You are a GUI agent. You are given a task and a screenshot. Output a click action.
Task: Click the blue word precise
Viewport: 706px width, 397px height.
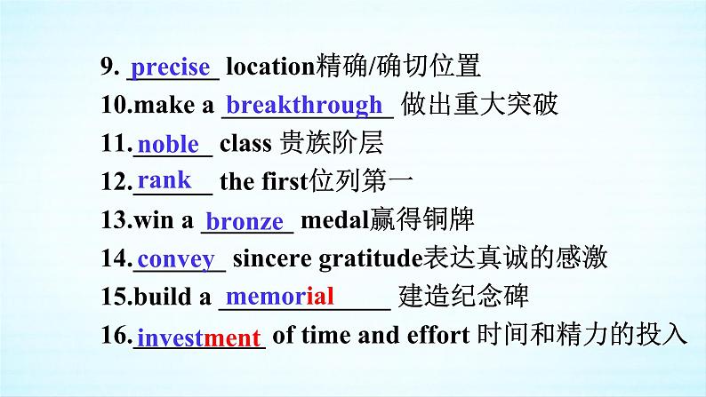(x=170, y=68)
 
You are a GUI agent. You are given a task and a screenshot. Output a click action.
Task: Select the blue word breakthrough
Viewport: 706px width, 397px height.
(x=304, y=105)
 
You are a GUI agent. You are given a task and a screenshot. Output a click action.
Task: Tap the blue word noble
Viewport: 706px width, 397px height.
(x=168, y=144)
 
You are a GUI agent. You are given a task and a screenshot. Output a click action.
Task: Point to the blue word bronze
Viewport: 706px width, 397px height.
(x=245, y=221)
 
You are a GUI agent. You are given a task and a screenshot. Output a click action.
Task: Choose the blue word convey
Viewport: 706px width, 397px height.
(x=176, y=260)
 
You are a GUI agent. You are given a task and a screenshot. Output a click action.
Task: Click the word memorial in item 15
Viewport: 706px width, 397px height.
(x=279, y=297)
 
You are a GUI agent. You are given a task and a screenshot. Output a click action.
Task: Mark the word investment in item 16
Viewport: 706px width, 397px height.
(x=199, y=337)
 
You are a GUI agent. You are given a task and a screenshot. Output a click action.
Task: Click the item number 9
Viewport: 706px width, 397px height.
(x=110, y=67)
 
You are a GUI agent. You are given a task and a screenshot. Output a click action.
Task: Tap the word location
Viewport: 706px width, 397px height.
(x=270, y=66)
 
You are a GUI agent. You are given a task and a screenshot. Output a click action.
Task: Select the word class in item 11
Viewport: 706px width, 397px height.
(x=245, y=143)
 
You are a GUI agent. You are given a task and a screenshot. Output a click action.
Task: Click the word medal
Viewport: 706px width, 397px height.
(x=334, y=220)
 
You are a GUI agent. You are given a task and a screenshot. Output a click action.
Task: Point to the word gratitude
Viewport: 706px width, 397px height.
(x=371, y=259)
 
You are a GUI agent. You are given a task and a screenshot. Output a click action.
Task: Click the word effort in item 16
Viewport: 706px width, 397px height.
(x=437, y=335)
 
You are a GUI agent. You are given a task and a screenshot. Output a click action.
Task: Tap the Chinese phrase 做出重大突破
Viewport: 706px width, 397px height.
(x=479, y=104)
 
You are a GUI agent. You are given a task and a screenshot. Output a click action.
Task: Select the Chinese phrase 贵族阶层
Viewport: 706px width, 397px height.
(x=332, y=143)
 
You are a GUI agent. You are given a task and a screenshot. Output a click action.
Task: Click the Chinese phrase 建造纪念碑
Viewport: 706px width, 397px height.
(x=463, y=297)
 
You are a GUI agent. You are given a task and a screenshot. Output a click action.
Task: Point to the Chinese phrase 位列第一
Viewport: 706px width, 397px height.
(x=361, y=181)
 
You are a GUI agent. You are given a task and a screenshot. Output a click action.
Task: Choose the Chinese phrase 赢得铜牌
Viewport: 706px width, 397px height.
(x=421, y=219)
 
